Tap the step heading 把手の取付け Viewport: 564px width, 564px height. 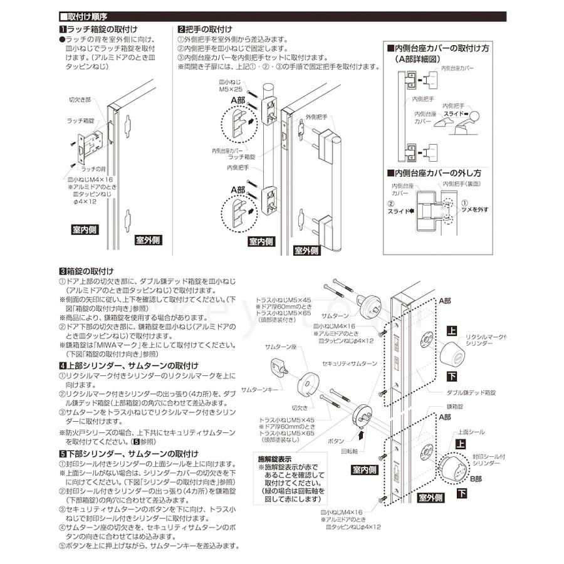(x=207, y=29)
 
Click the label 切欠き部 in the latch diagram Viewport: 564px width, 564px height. (x=79, y=100)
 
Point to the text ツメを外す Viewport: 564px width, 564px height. (x=475, y=209)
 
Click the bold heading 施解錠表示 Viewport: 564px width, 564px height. (x=276, y=457)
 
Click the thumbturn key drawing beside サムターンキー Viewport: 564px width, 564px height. (x=279, y=370)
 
